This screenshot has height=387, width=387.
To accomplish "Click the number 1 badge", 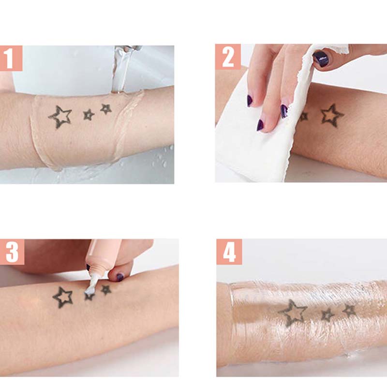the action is click(x=11, y=58).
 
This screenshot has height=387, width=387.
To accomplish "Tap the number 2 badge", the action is click(x=228, y=57).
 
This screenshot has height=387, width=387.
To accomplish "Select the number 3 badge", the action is click(x=12, y=252).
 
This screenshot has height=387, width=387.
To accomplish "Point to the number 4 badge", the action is click(x=229, y=252).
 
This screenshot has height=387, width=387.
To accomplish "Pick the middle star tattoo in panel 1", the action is click(x=89, y=115).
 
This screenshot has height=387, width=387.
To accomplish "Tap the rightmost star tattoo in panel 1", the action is click(x=106, y=109).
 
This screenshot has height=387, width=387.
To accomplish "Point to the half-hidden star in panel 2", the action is click(x=304, y=116).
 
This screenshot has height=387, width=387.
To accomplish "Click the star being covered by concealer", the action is click(x=89, y=296).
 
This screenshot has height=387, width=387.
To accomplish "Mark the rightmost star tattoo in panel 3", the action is click(x=106, y=290).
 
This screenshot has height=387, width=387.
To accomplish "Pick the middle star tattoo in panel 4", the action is click(x=327, y=315).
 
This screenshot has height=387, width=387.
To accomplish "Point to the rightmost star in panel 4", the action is click(x=349, y=311).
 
